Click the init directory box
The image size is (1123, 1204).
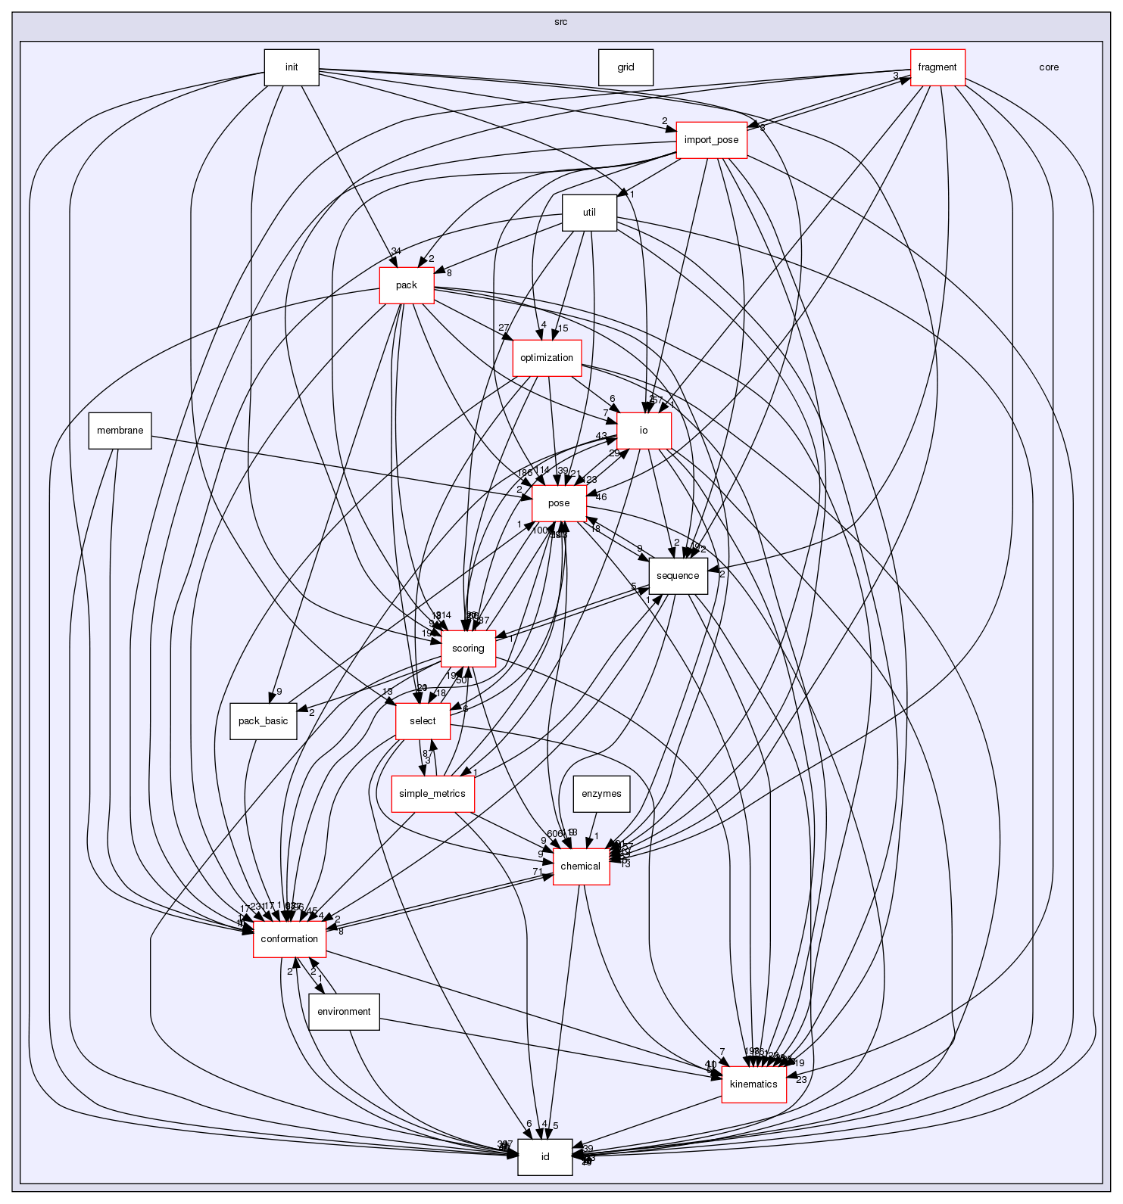click(x=291, y=67)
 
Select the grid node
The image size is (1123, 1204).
click(x=625, y=67)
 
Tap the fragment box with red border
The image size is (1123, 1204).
click(x=937, y=67)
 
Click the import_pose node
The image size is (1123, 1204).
click(x=711, y=140)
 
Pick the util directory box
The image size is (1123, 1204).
click(x=589, y=213)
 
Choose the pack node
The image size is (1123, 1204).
click(x=407, y=285)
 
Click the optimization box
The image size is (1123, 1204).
click(x=547, y=358)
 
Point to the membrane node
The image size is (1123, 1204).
click(x=120, y=431)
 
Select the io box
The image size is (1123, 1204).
click(x=644, y=431)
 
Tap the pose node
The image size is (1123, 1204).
click(x=559, y=503)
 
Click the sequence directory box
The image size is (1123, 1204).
click(x=677, y=576)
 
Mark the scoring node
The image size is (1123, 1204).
click(x=468, y=649)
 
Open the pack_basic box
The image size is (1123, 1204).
click(x=263, y=721)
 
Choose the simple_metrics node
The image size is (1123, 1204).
click(x=432, y=794)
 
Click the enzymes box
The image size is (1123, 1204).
click(x=601, y=794)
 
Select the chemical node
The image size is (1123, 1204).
click(x=581, y=866)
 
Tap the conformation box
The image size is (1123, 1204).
click(x=289, y=939)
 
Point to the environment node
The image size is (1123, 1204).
click(x=344, y=1012)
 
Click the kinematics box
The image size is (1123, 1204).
click(x=753, y=1084)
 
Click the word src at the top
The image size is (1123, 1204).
click(x=560, y=22)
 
